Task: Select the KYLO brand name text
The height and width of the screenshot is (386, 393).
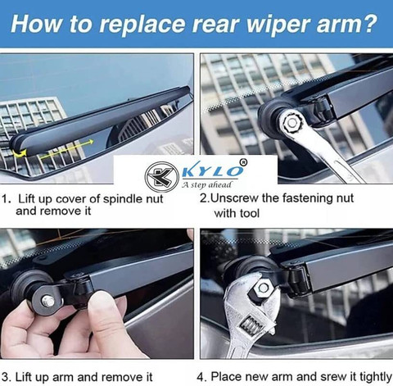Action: pos(212,171)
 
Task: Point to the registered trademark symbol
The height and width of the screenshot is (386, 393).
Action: pos(243,162)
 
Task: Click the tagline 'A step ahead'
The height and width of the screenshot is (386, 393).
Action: pos(206,185)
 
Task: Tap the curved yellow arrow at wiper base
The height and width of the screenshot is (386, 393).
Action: pos(20,153)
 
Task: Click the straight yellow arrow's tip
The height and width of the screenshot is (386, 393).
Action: pos(93,142)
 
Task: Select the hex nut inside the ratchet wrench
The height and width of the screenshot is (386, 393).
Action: pos(291,123)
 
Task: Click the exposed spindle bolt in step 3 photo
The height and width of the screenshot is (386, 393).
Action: pos(47,300)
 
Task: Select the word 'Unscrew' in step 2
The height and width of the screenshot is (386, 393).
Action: pos(234,198)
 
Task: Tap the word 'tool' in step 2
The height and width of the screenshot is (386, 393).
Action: pos(250,213)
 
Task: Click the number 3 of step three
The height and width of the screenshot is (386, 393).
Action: pos(5,377)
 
